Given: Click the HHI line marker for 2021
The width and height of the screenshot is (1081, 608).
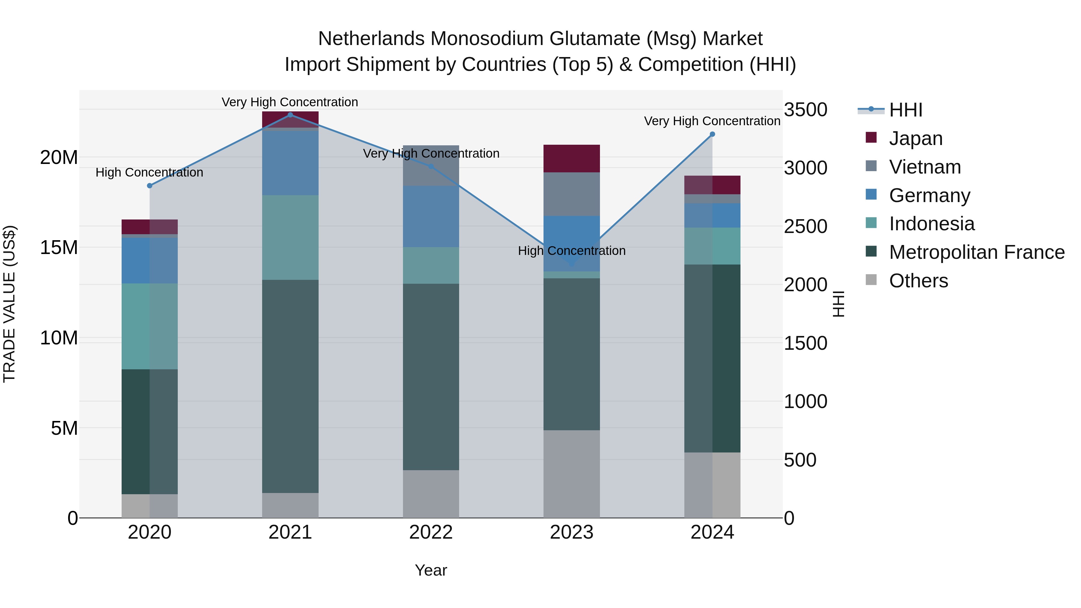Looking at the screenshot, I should (290, 115).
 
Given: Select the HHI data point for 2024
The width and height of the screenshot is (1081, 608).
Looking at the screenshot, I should (712, 134).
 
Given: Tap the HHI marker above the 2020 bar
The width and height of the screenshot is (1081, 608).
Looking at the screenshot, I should (150, 186).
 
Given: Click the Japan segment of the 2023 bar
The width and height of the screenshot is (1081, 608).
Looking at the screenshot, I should (571, 159).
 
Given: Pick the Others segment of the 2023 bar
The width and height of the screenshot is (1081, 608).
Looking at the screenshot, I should (571, 474).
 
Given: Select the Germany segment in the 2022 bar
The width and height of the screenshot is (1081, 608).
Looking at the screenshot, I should (431, 216).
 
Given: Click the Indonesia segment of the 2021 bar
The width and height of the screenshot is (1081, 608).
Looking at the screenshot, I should (290, 237).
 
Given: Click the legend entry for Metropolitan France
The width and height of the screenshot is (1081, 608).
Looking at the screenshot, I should (976, 253).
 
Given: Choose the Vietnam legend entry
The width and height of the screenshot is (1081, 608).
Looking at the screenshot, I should (925, 167).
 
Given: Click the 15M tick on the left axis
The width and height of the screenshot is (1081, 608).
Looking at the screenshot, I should (59, 248).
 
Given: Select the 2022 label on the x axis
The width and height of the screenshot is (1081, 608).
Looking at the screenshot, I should (431, 532).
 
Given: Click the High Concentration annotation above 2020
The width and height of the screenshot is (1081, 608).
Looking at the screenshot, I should (150, 172).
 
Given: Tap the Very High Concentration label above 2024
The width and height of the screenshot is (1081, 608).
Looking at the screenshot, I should (712, 121).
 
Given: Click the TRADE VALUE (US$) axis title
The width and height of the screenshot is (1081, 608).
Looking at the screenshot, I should (9, 304).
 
